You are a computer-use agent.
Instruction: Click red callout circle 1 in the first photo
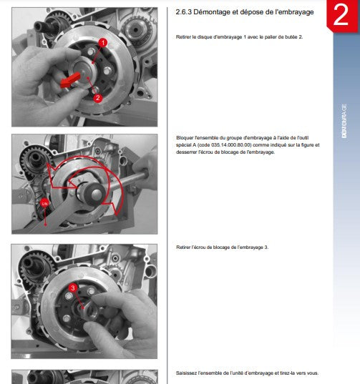pyautogui.click(x=103, y=43)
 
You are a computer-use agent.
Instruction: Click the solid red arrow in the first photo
pyautogui.click(x=72, y=80)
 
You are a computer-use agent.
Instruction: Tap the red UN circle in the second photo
pyautogui.click(x=44, y=204)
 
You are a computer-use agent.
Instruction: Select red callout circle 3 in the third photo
pyautogui.click(x=73, y=287)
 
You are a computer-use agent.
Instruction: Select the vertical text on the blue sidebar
pyautogui.click(x=344, y=122)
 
